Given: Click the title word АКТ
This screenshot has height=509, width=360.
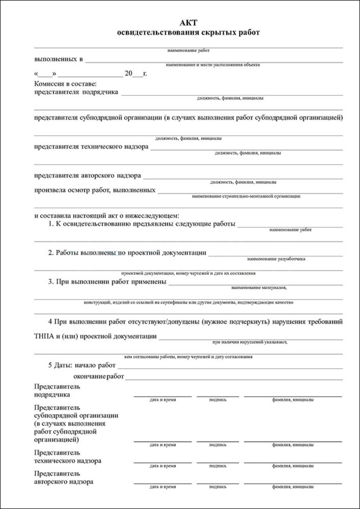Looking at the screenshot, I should point(188,23).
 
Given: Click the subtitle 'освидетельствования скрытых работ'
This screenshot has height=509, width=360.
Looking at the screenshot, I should point(188,33).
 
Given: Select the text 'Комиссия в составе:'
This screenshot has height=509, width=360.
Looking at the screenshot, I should point(65,83).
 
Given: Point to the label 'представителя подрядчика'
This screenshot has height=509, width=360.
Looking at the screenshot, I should point(76,92).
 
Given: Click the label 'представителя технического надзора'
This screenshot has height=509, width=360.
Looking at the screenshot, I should point(91,147).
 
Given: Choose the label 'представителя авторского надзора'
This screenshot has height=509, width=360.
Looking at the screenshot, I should point(87,176).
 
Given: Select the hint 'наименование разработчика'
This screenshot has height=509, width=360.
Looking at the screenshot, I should point(278,259).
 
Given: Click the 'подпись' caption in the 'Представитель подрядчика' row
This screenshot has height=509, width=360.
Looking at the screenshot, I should point(218,400).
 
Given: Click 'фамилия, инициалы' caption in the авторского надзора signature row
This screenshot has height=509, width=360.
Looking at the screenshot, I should point(293,487).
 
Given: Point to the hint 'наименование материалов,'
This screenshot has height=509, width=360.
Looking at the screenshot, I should point(259,288).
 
